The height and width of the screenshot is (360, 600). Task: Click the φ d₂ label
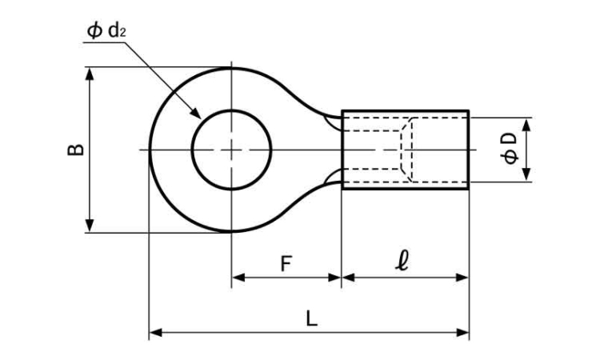click(x=106, y=31)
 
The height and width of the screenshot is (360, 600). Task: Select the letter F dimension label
click(x=286, y=263)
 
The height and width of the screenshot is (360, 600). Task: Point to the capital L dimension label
click(x=311, y=318)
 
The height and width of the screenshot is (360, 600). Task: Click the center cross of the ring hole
click(x=231, y=150)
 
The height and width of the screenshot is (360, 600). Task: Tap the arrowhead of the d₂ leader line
click(x=198, y=115)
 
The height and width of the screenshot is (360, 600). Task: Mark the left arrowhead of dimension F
click(x=237, y=278)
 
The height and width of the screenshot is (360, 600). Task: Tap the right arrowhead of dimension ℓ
click(x=463, y=278)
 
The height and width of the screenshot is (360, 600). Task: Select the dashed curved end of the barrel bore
click(x=410, y=150)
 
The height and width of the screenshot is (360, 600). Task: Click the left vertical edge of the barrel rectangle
click(x=342, y=150)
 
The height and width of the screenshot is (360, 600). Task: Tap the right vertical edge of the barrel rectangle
click(x=469, y=150)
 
